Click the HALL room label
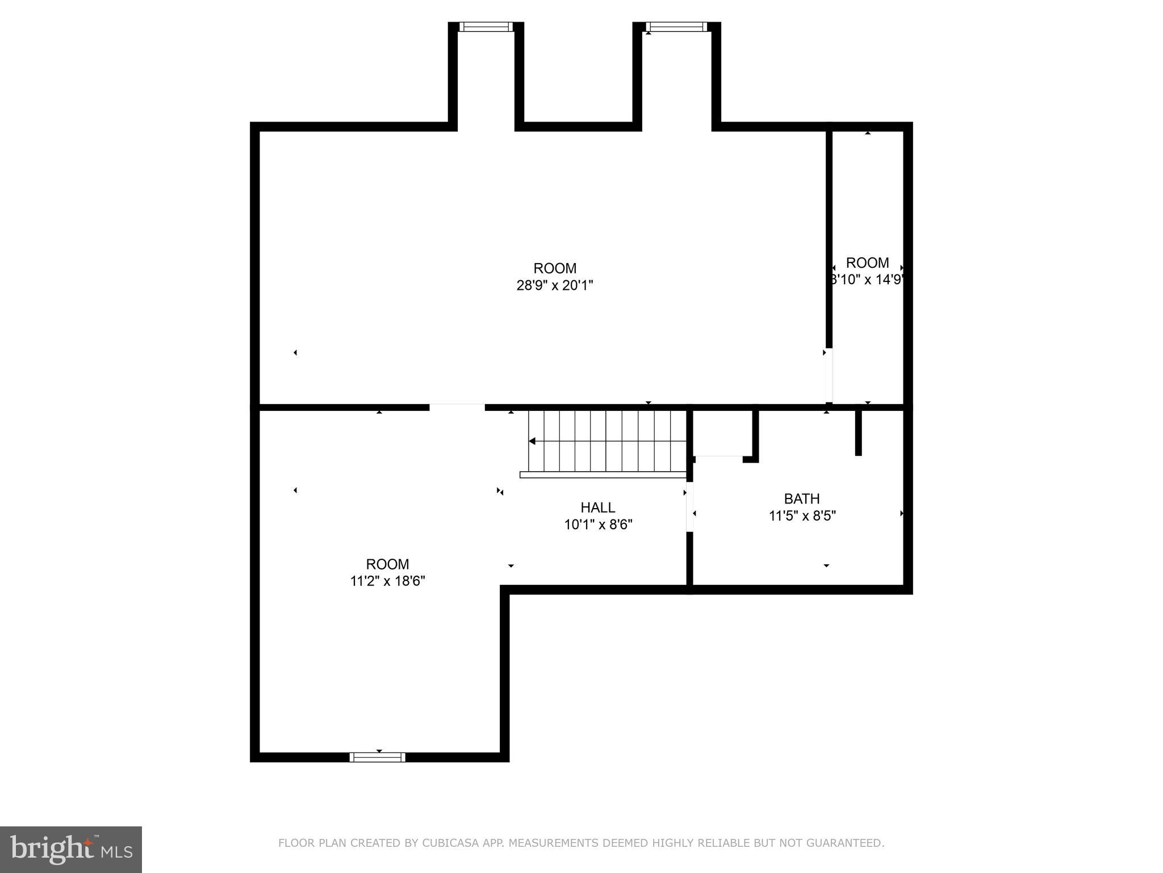(597, 507)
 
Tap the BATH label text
(801, 498)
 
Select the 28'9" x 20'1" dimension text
(554, 285)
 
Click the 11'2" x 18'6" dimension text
(387, 581)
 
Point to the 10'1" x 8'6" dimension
(598, 525)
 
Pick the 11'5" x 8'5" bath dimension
(802, 516)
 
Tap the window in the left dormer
(486, 27)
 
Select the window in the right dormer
(676, 27)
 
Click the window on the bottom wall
(377, 757)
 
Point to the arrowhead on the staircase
(532, 441)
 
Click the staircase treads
(608, 441)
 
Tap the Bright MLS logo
(70, 849)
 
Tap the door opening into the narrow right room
(829, 375)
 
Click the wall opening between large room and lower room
(457, 407)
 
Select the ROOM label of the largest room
(554, 268)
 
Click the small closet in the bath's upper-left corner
(720, 433)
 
